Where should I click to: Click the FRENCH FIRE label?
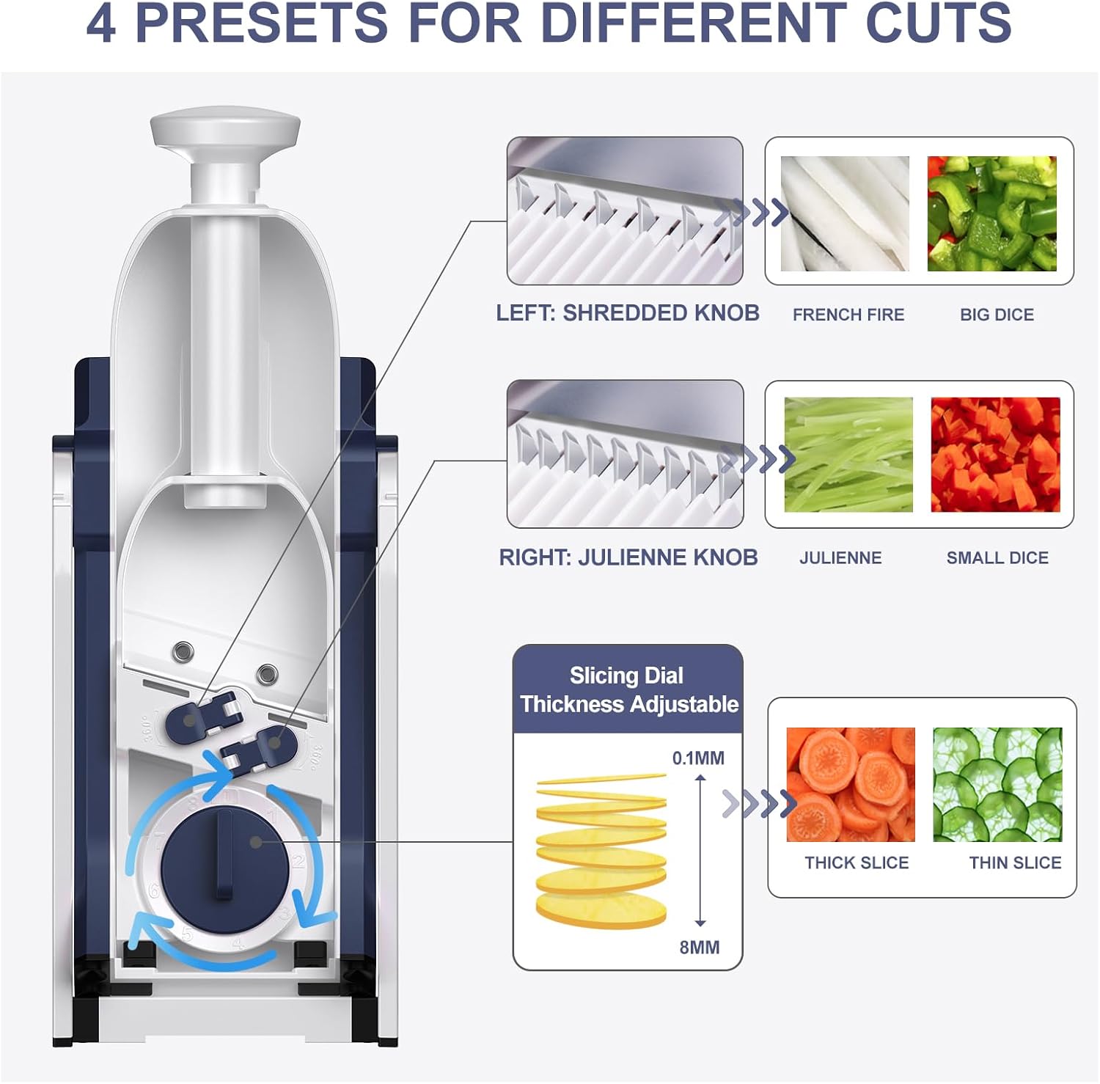[x=848, y=315]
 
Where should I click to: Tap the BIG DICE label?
[x=997, y=315]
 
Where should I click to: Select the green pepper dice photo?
[x=991, y=213]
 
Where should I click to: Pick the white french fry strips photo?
[x=845, y=213]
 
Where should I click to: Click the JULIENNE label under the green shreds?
[x=840, y=557]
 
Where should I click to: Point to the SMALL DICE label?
[x=997, y=557]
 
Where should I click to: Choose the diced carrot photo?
[x=995, y=455]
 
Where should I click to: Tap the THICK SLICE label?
[x=857, y=863]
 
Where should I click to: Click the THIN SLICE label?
[x=1015, y=863]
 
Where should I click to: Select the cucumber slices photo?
[x=997, y=784]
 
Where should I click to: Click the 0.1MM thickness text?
[x=698, y=758]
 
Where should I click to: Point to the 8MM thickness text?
[x=699, y=947]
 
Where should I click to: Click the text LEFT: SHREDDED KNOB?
[x=628, y=313]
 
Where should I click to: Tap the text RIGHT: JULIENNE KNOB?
[x=628, y=557]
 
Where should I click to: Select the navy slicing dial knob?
[x=224, y=862]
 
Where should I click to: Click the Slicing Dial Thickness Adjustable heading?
[x=628, y=689]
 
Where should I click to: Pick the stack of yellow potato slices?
[x=601, y=851]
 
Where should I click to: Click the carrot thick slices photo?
[x=851, y=784]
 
